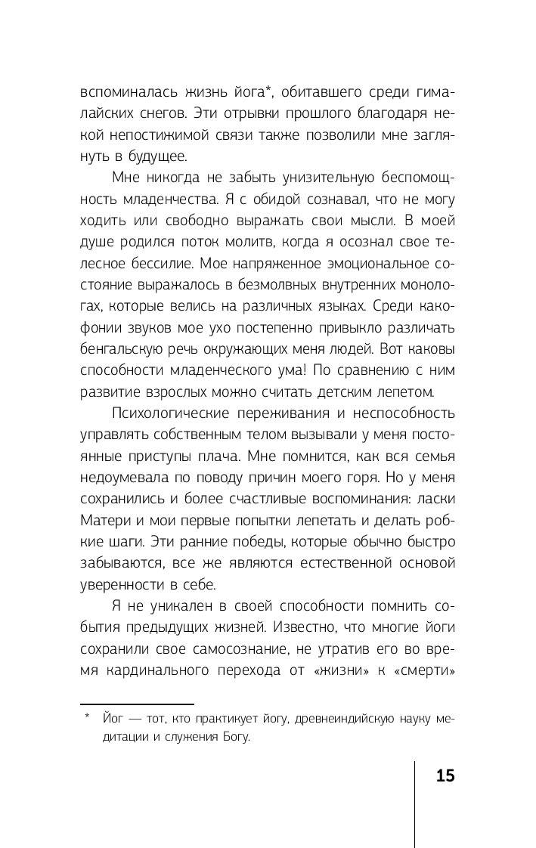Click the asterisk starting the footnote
tap(88, 716)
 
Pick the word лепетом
tap(406, 392)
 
